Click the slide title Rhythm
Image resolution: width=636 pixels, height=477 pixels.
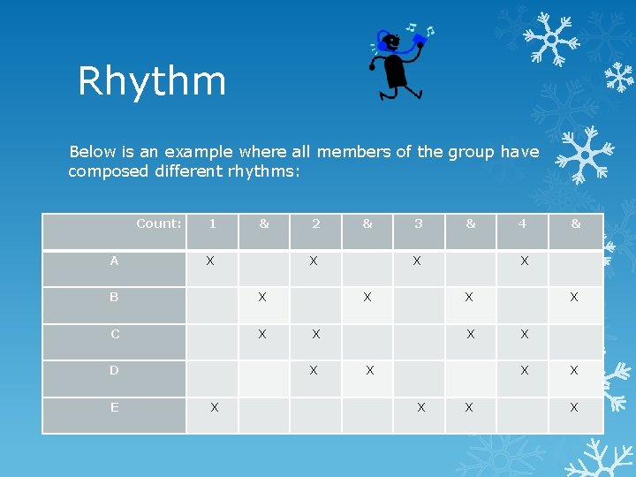tap(152, 81)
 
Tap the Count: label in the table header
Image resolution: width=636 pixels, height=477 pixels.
tap(159, 223)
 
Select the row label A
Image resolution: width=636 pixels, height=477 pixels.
tap(114, 261)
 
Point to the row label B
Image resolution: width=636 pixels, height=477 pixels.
tap(114, 298)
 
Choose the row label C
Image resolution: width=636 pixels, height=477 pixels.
tap(115, 334)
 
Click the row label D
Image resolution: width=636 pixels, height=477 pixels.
tap(114, 370)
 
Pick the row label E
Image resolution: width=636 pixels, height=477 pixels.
tap(114, 407)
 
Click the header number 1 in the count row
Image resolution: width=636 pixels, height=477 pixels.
tap(212, 223)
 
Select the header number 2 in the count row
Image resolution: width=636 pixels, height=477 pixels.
tap(316, 223)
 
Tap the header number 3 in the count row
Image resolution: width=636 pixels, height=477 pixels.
tap(419, 223)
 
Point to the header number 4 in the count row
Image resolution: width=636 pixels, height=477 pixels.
tap(522, 223)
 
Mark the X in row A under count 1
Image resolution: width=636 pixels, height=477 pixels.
tap(210, 261)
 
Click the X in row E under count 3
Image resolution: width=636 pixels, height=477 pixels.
tap(421, 407)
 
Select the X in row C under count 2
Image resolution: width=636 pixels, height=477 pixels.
tap(315, 334)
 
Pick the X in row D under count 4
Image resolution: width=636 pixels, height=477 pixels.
tap(525, 370)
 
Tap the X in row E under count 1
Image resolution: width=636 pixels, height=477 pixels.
tap(214, 407)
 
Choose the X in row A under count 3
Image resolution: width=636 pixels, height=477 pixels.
tap(417, 261)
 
